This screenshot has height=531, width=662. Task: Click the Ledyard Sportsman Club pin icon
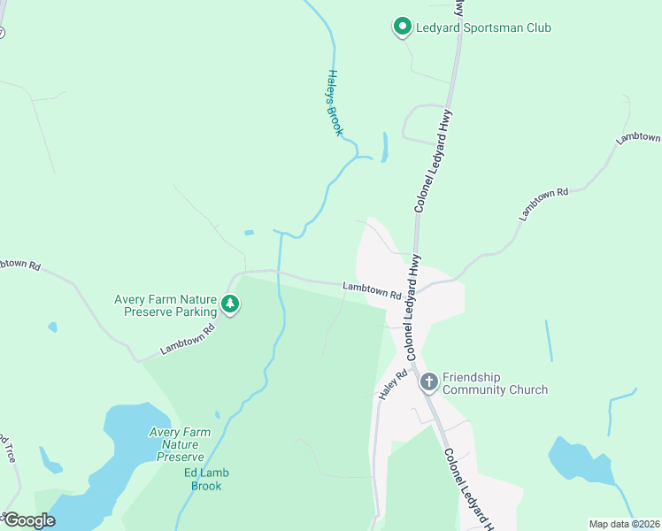[402, 27]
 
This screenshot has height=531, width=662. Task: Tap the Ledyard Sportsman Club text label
[483, 28]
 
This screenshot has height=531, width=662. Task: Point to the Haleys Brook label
[335, 103]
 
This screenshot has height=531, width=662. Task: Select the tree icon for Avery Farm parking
[230, 304]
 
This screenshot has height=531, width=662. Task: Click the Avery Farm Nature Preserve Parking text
[165, 305]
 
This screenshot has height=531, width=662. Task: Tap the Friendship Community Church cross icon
[428, 382]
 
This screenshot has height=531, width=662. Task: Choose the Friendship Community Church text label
[495, 383]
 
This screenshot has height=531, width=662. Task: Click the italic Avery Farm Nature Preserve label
[180, 444]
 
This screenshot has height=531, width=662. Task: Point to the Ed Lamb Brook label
[204, 479]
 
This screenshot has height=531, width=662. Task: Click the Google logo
[28, 520]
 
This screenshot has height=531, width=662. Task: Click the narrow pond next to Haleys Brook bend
[384, 147]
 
